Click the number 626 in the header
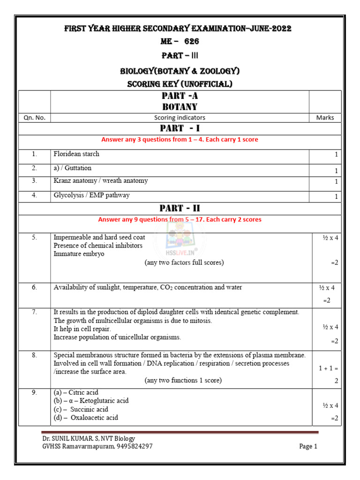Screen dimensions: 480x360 point(192,41)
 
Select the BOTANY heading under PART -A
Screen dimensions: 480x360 point(180,107)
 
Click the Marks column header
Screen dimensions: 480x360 point(325,118)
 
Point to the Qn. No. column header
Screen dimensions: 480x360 point(34,118)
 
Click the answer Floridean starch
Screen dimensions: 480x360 point(76,154)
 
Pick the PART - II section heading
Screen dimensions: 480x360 point(180,208)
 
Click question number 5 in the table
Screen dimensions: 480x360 point(34,237)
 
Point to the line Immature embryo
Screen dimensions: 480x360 point(79,254)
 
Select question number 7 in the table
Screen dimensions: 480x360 point(34,312)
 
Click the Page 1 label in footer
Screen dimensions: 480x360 point(308,446)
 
